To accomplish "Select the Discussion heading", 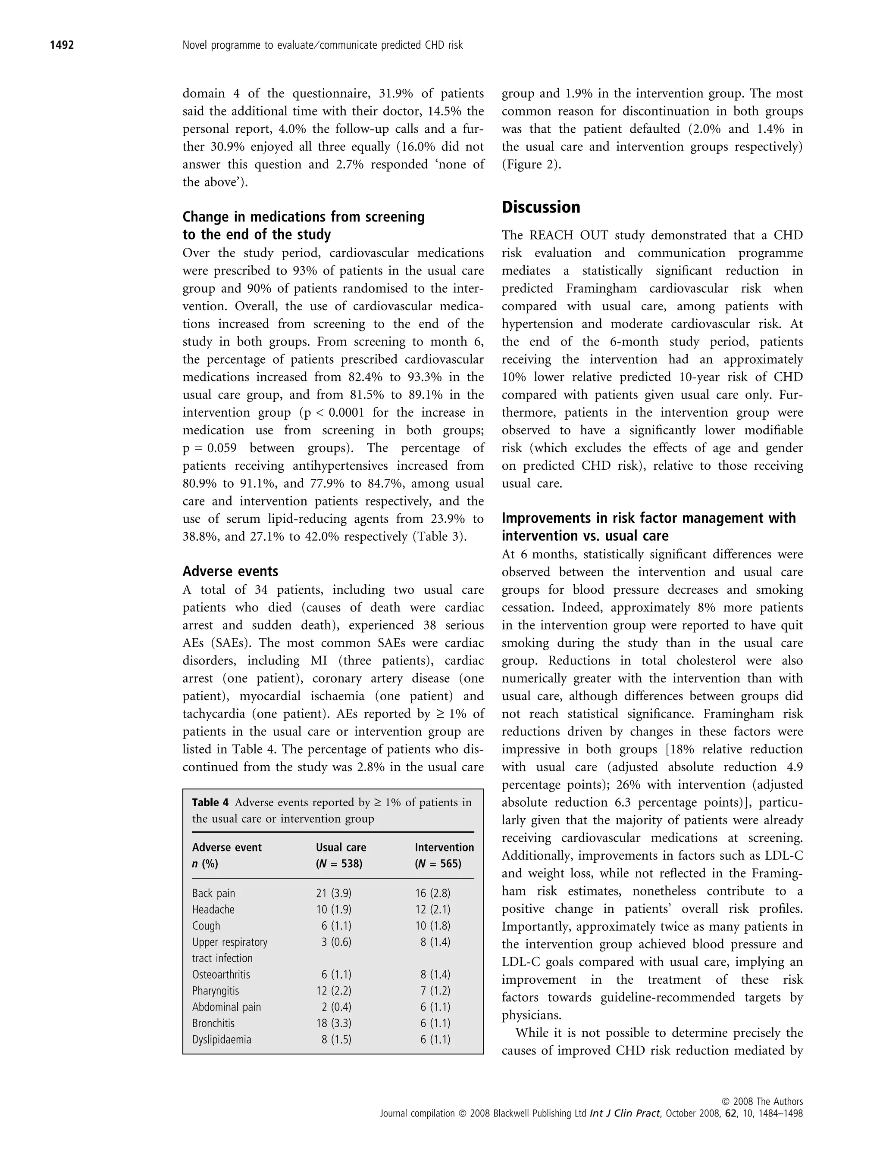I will tap(541, 208).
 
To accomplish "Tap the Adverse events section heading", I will tap(230, 571).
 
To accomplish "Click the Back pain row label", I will tap(213, 893).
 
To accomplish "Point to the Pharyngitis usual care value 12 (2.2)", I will tap(334, 991).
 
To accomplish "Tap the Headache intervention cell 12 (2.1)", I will tap(432, 909).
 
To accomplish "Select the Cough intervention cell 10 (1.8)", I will tap(432, 926).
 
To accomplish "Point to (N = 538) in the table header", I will tap(339, 864).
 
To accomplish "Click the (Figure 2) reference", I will tap(531, 165).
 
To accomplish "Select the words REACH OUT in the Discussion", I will tap(562, 235).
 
